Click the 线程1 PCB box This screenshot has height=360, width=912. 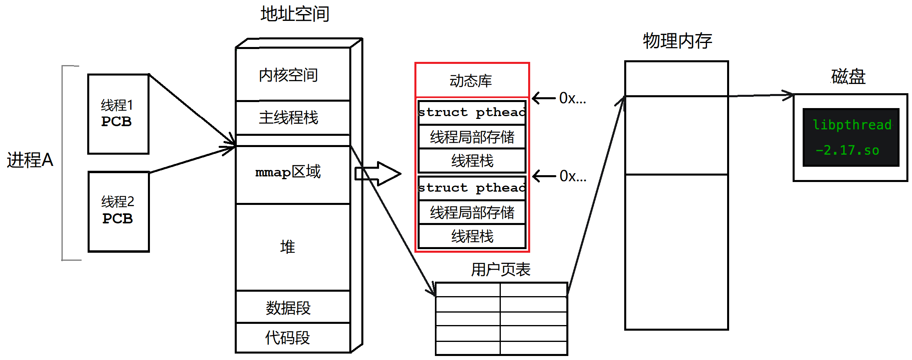[x=118, y=114]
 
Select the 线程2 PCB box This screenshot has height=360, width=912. [x=119, y=211]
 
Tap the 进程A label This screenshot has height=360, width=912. [x=30, y=160]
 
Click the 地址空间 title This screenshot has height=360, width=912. [x=295, y=14]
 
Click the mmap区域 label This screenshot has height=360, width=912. [x=288, y=172]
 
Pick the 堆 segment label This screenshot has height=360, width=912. [x=288, y=246]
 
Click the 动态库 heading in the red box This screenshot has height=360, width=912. [x=471, y=81]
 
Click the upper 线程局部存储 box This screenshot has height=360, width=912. [x=472, y=137]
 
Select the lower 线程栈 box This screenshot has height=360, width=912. [x=472, y=236]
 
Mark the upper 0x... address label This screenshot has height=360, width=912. [x=572, y=98]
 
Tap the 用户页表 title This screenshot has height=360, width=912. [x=501, y=269]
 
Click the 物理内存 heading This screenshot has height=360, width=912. [x=677, y=41]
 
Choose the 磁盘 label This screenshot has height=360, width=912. [x=848, y=76]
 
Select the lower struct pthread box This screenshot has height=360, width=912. [x=472, y=188]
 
